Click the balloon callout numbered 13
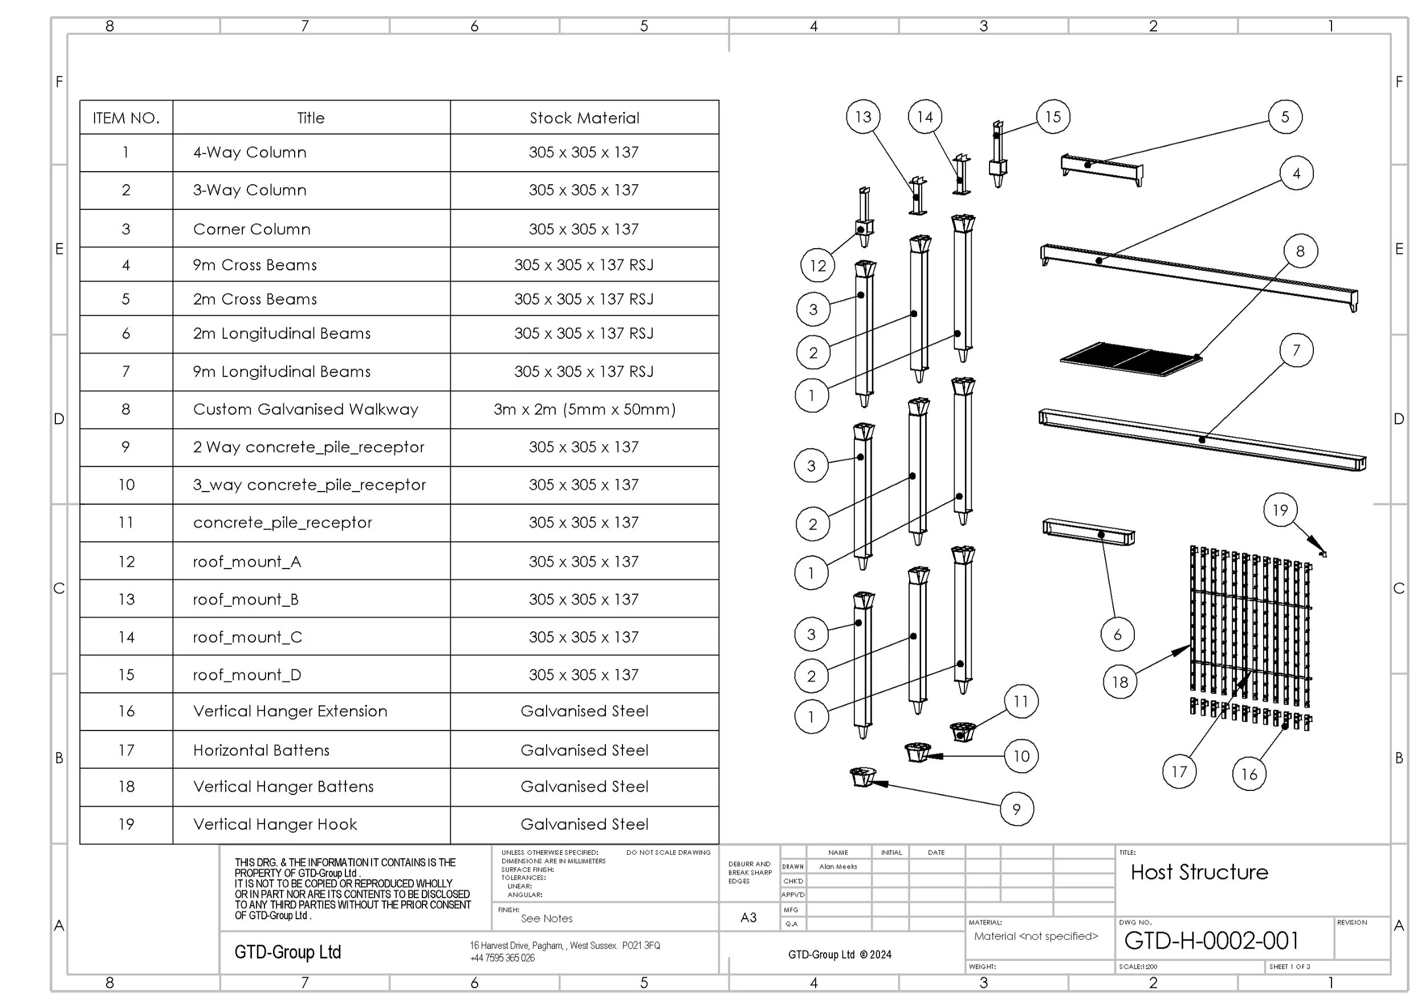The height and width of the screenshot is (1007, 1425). [863, 117]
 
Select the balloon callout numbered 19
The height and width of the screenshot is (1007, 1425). [1280, 510]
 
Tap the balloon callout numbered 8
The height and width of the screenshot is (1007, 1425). [1300, 251]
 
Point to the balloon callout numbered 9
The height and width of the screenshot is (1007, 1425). [1017, 809]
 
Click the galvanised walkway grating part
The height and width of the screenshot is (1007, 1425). [1131, 359]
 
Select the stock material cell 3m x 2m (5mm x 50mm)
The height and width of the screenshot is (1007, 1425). [585, 409]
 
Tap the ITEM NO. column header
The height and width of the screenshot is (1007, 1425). [126, 118]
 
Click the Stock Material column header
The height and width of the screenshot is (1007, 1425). [585, 118]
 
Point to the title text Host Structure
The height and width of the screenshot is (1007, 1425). [1199, 872]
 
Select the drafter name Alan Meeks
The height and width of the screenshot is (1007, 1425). [838, 867]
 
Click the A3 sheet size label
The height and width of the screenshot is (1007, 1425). [748, 917]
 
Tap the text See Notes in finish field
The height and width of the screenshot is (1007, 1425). [546, 918]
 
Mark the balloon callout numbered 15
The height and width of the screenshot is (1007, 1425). [1053, 117]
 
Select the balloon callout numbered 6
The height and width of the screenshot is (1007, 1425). [1117, 635]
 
